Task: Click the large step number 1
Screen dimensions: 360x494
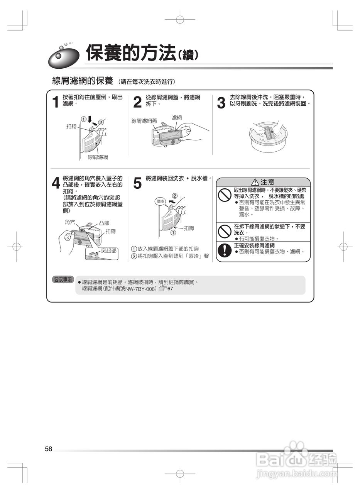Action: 56,103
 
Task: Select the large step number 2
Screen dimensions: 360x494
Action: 138,103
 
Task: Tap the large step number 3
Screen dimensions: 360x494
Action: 221,103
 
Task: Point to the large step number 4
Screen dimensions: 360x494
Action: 56,183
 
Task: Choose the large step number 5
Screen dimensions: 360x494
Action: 138,183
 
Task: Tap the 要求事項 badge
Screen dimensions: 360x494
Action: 63,279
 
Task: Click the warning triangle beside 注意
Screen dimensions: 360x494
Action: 255,182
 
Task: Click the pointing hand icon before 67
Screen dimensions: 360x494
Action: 163,288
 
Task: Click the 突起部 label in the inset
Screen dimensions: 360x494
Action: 108,250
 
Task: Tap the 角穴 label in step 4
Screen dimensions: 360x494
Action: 70,222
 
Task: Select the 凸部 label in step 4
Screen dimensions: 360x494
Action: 104,223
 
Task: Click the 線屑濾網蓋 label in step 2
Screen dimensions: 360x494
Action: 144,121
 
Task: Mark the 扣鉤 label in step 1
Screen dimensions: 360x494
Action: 71,126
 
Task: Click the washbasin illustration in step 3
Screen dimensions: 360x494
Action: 269,135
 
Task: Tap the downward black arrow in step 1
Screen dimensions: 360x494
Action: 90,119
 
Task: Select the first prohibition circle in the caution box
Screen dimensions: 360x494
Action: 225,196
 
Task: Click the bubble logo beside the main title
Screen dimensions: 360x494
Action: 64,57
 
